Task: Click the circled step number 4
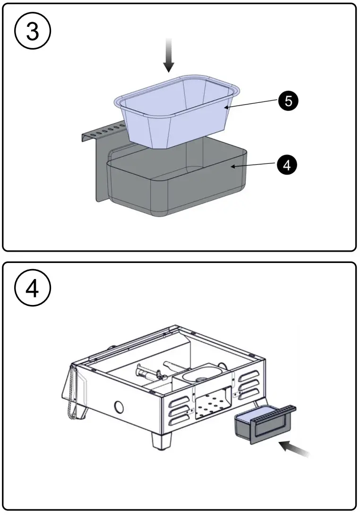click(33, 288)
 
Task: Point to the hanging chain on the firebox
click(71, 392)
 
